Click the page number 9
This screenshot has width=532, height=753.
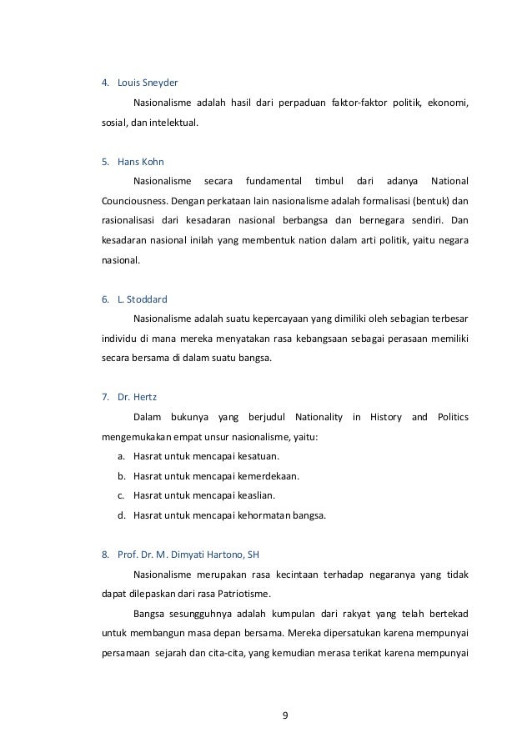click(284, 715)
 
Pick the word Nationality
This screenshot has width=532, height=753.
click(314, 416)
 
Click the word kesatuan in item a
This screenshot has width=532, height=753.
click(258, 456)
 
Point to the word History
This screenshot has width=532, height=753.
click(386, 416)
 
